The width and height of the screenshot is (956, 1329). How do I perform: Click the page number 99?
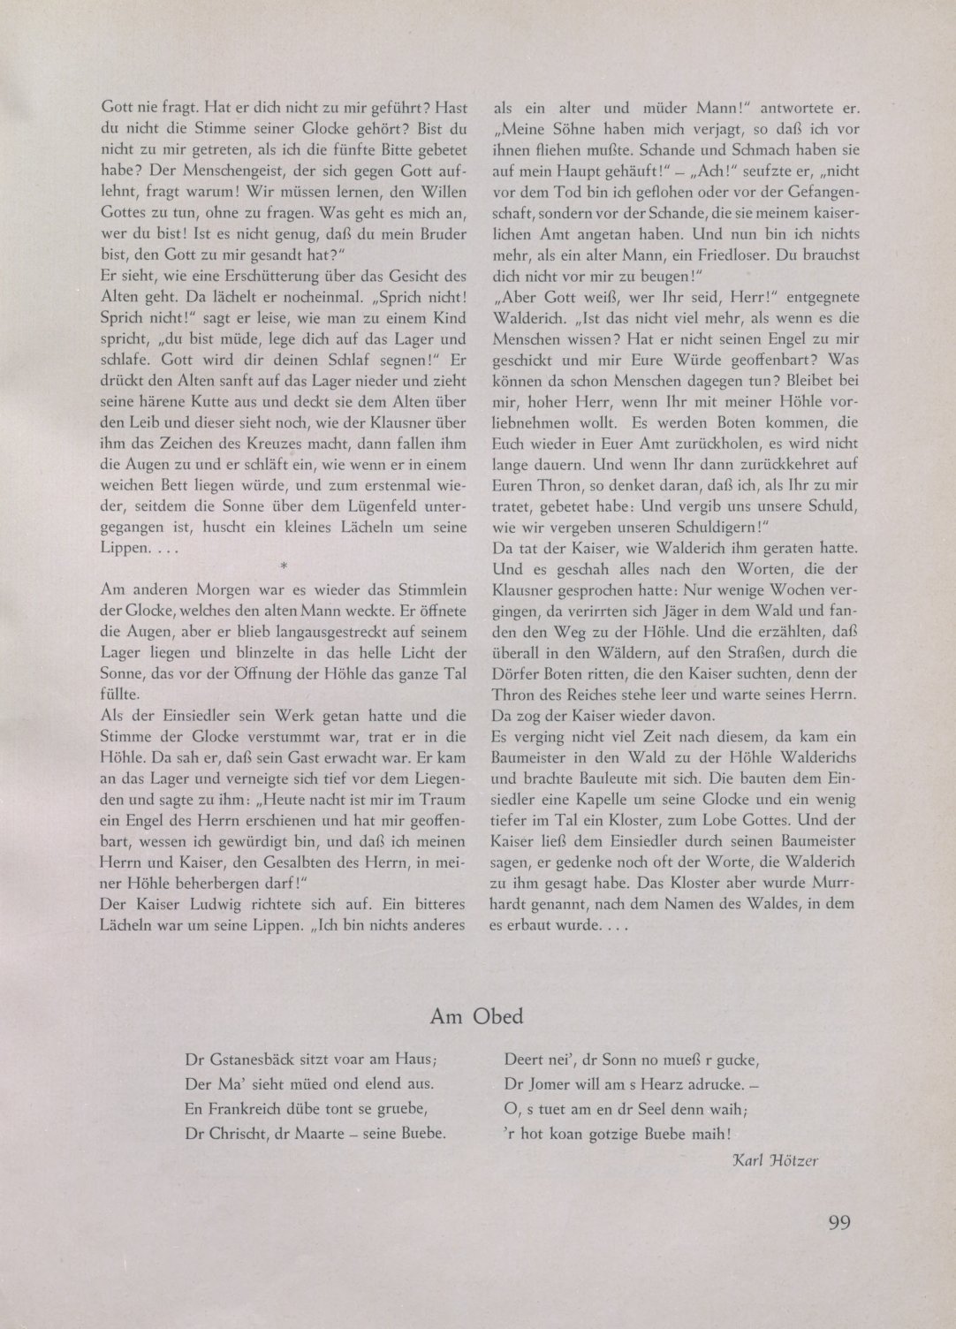(x=839, y=1223)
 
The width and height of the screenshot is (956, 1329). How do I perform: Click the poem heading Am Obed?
(x=476, y=1016)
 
